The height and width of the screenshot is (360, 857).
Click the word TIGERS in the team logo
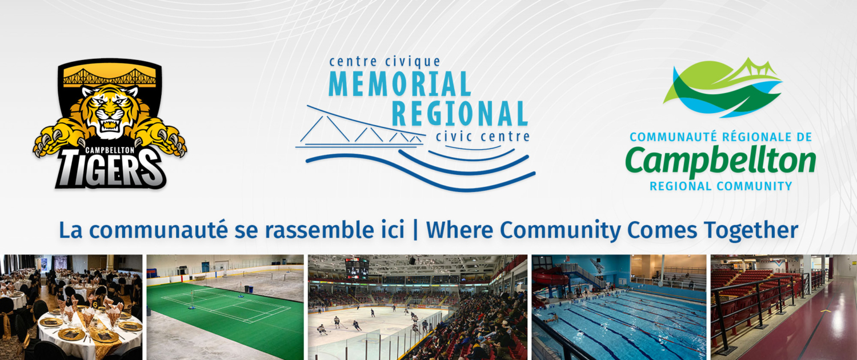[x=111, y=169]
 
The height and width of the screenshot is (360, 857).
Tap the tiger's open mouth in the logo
[x=110, y=123]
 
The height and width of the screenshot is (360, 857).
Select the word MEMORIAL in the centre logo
[x=400, y=84]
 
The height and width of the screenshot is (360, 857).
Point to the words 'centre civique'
[x=385, y=61]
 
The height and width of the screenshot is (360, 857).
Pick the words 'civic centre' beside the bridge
[x=483, y=136]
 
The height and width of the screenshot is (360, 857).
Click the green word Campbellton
[x=720, y=161]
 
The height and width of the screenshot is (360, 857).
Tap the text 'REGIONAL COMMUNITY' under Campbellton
[x=721, y=186]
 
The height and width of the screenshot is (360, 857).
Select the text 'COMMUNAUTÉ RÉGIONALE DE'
[x=721, y=137]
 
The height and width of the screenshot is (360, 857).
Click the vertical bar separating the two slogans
[x=415, y=230]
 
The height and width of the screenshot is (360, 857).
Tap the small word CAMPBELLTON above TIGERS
[x=110, y=150]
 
